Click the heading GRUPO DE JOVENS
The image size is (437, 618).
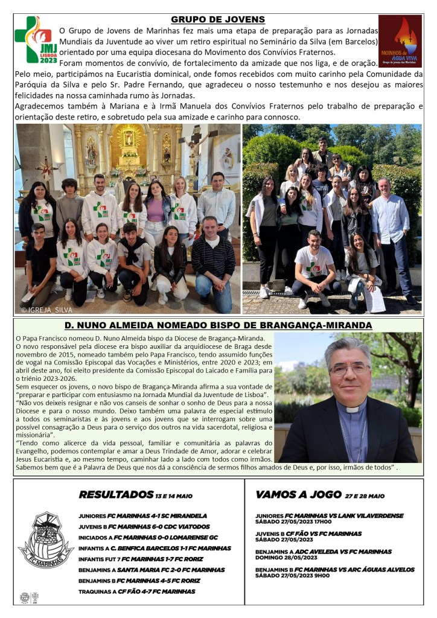(x=218, y=19)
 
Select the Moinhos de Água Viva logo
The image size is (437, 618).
(x=400, y=40)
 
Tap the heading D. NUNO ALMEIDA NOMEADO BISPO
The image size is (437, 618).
(x=218, y=325)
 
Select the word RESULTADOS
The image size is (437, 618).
(x=115, y=495)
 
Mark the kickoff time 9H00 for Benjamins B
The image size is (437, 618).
(x=322, y=576)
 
